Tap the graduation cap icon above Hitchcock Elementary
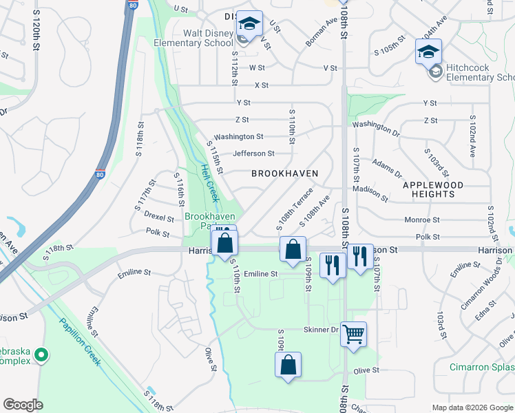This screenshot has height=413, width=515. pos(428,52)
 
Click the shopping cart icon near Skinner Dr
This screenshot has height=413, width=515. pos(353,335)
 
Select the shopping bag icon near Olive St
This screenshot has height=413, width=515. pos(289,365)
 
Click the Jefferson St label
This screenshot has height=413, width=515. pos(253,153)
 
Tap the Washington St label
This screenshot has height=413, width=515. pos(238,137)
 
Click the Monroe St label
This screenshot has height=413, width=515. pos(422,220)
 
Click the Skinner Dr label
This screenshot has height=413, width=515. pos(321,330)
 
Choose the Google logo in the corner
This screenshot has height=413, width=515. pos(23,405)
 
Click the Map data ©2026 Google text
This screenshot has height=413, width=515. pos(472,407)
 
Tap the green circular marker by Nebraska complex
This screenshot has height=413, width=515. pos(41,356)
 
